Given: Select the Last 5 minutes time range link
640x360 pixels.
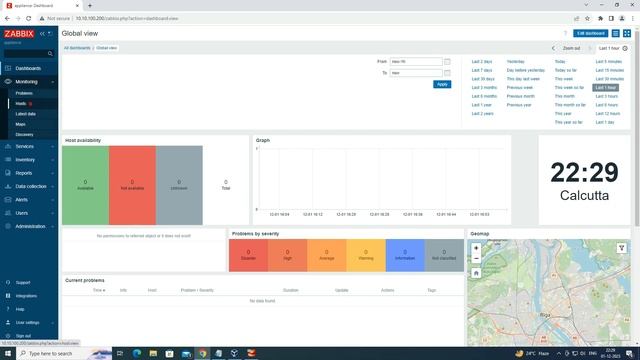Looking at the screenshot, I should tap(608, 62).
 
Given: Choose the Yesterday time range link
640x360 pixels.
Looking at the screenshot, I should tap(516, 62).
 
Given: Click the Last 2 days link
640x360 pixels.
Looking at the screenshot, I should tap(482, 62).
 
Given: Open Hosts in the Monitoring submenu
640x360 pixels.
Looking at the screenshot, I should tap(21, 103).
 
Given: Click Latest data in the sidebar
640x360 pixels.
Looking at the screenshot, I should tap(26, 114).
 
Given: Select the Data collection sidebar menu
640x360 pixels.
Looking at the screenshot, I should tap(30, 186).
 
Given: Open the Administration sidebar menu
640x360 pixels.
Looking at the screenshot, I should tap(30, 226).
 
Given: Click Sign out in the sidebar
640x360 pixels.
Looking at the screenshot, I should tap(23, 336).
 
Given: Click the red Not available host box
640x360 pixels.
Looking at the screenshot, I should tap(132, 183).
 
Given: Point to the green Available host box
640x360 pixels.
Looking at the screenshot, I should tap(85, 183).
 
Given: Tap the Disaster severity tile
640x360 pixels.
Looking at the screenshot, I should tap(248, 255).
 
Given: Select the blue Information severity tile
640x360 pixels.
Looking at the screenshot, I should tap(405, 255).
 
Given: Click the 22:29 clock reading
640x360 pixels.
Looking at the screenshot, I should tap(584, 172).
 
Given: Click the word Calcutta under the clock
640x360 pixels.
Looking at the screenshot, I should tap(584, 196).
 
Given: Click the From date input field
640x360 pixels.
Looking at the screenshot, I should tap(416, 61).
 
